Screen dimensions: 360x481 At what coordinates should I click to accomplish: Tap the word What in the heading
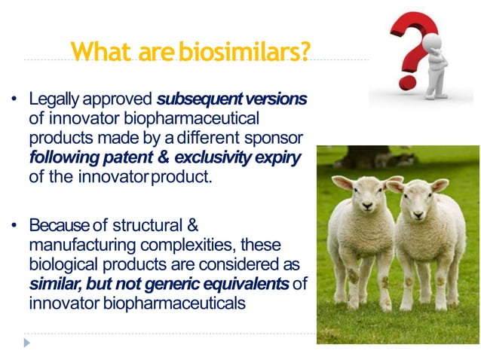coord(101,51)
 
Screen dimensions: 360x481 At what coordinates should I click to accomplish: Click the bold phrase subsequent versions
coord(232,99)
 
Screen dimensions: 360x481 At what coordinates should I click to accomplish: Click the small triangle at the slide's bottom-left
coord(27,343)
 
